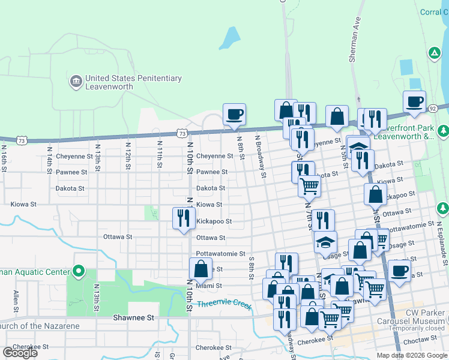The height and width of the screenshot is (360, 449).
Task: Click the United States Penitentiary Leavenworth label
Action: click(133, 82)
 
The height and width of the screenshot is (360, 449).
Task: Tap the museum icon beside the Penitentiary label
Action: click(76, 82)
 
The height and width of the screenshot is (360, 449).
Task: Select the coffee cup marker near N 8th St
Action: click(234, 114)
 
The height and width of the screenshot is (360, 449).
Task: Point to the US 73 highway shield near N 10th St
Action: click(182, 133)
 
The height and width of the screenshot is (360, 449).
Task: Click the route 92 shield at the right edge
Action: click(432, 108)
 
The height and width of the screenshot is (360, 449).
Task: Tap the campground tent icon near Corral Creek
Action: click(434, 53)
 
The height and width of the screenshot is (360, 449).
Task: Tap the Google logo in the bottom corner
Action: click(20, 353)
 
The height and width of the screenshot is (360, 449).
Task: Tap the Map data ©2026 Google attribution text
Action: click(411, 355)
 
